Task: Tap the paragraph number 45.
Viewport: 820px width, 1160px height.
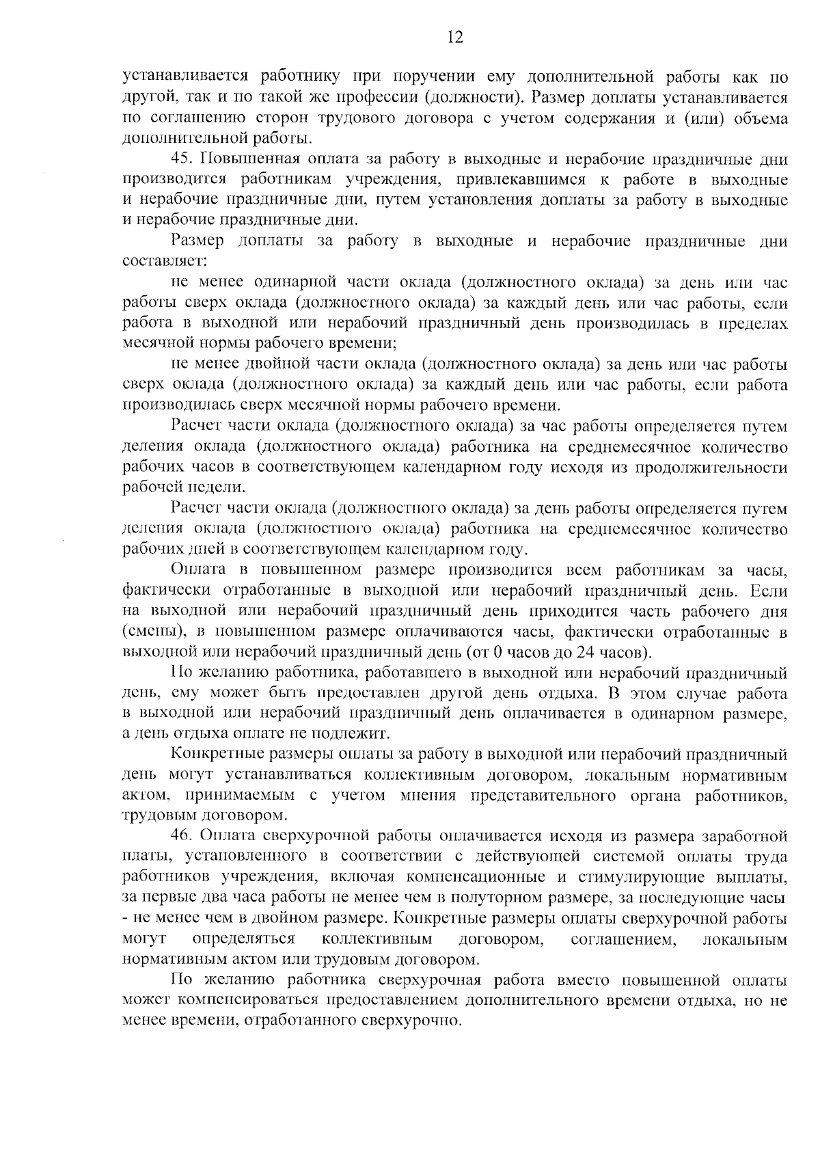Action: (x=184, y=160)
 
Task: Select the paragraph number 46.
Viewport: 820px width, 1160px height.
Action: (x=184, y=836)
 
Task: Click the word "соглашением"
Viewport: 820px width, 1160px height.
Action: (x=623, y=939)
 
